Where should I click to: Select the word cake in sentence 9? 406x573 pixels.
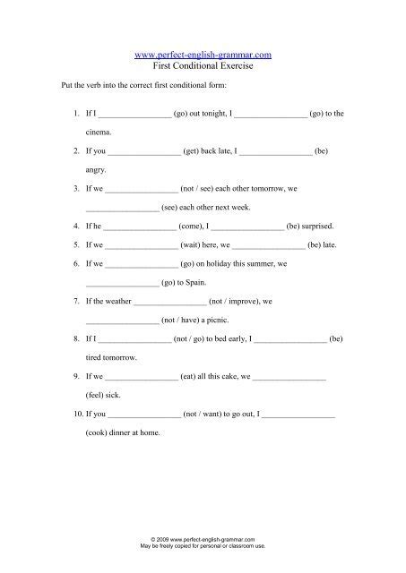[x=228, y=378]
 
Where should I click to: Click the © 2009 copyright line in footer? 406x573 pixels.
[x=203, y=539]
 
